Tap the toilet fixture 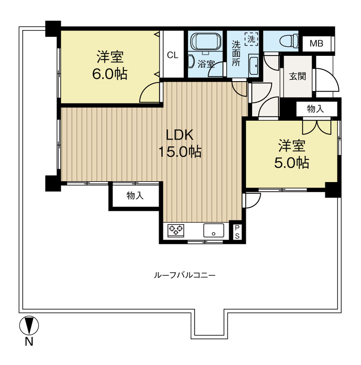(x=289, y=41)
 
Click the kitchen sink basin (x=214, y=231)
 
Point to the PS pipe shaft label (x=237, y=232)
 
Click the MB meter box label (x=316, y=43)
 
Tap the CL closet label (x=173, y=55)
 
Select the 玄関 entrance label (x=297, y=76)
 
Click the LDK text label (x=179, y=135)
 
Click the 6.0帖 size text (x=110, y=74)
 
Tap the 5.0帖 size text (x=292, y=163)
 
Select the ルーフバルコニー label (x=185, y=275)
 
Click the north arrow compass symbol (x=29, y=325)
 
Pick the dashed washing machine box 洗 (x=251, y=39)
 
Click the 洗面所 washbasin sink (x=254, y=66)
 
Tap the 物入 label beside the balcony (x=135, y=195)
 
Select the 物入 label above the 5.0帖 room (x=315, y=109)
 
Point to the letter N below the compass (x=29, y=342)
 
